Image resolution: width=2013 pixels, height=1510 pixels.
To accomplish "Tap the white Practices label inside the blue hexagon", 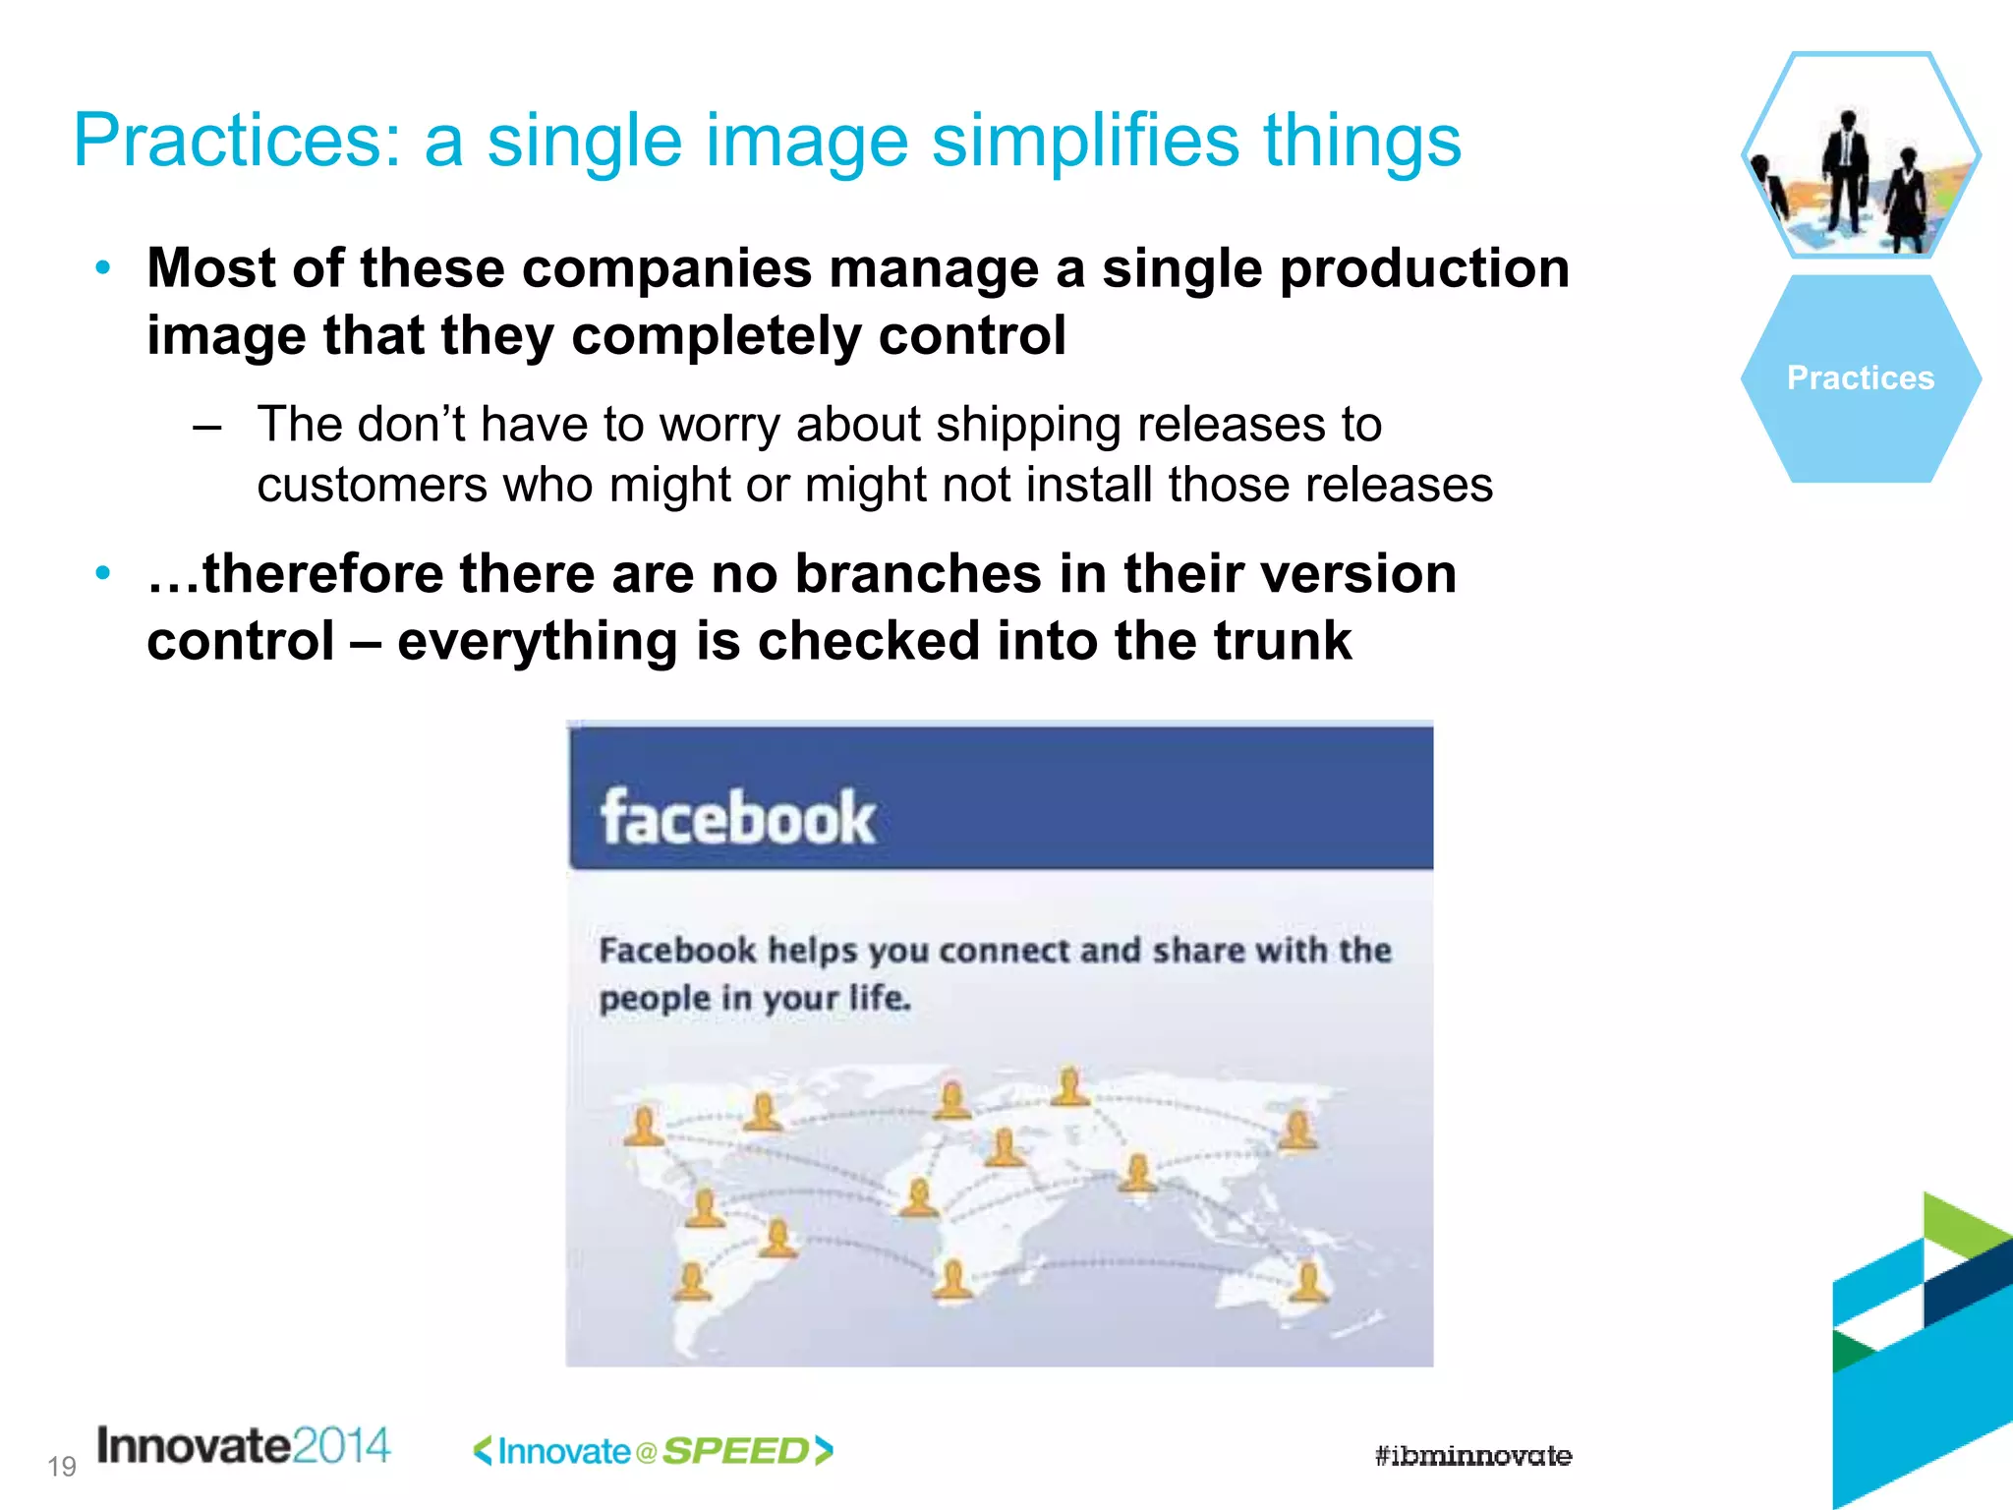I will (x=1860, y=378).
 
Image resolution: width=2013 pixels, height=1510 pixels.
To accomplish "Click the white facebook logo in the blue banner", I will (x=737, y=818).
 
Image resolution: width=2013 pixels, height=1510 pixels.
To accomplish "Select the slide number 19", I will (x=61, y=1467).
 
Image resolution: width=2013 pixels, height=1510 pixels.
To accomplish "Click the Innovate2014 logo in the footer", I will (x=243, y=1446).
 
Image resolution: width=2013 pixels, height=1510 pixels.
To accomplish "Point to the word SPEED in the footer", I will (x=735, y=1451).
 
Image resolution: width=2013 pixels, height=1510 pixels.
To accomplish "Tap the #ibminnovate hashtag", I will (x=1472, y=1456).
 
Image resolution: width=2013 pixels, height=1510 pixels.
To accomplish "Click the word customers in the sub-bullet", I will (x=373, y=486).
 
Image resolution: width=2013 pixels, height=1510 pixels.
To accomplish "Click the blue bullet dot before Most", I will (x=103, y=267).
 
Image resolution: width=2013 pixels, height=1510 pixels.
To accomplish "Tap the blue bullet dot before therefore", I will (x=103, y=573).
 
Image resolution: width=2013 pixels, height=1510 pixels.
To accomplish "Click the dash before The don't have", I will (x=207, y=427).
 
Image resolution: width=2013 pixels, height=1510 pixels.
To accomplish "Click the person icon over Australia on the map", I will (x=1308, y=1282).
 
